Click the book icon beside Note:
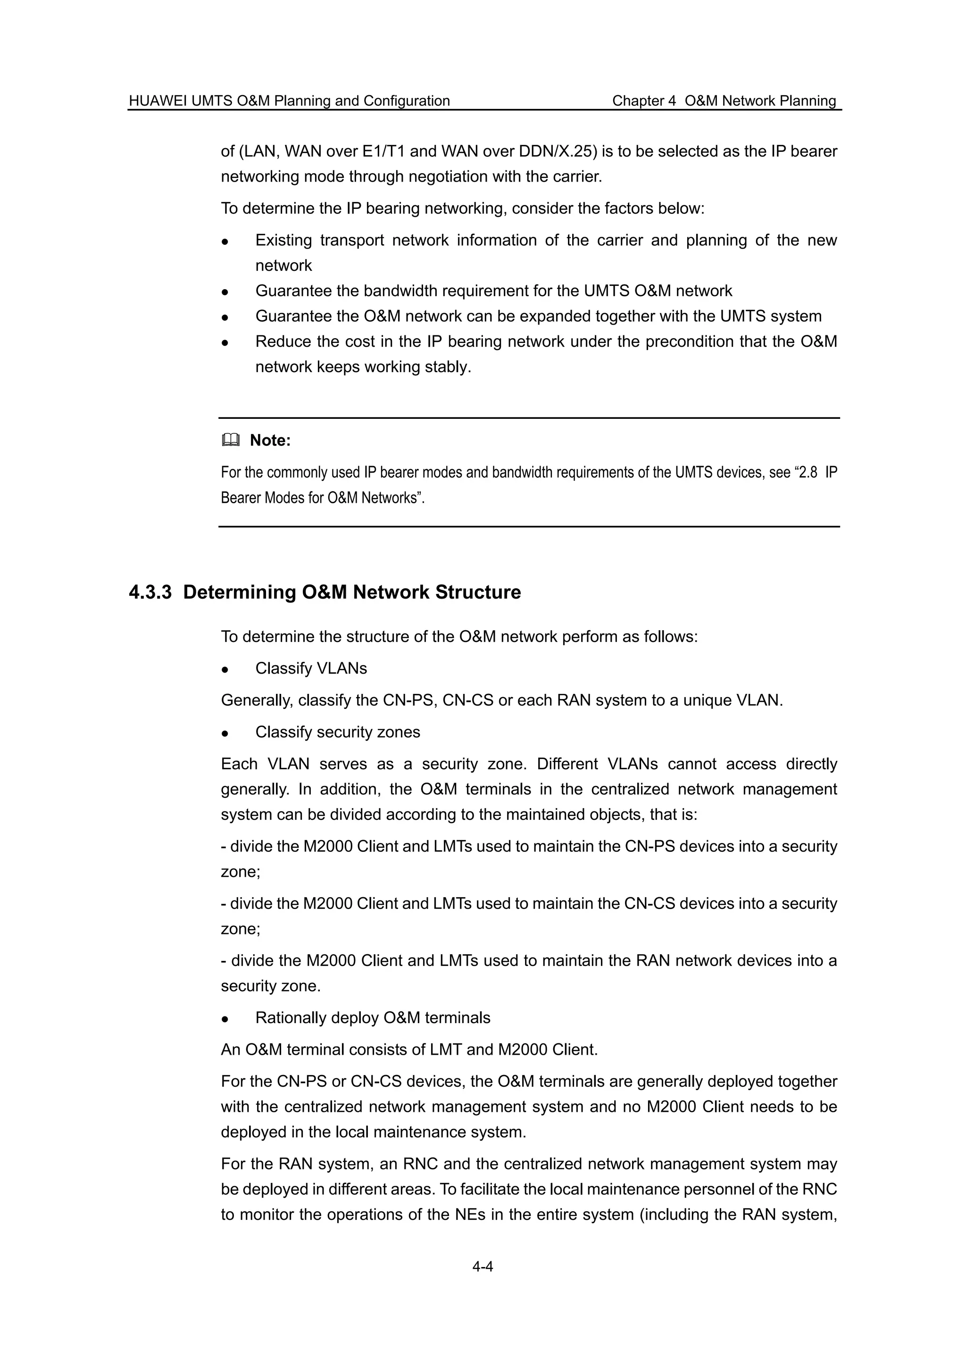pyautogui.click(x=230, y=441)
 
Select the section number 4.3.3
pyautogui.click(x=150, y=592)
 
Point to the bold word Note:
pyautogui.click(x=270, y=441)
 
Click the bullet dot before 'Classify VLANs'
pyautogui.click(x=225, y=669)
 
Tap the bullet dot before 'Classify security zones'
pyautogui.click(x=225, y=733)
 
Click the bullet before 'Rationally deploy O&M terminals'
pyautogui.click(x=225, y=1019)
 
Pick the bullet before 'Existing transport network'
pyautogui.click(x=225, y=241)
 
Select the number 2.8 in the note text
pyautogui.click(x=807, y=473)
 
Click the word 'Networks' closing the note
pyautogui.click(x=391, y=498)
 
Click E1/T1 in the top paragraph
pyautogui.click(x=384, y=151)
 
